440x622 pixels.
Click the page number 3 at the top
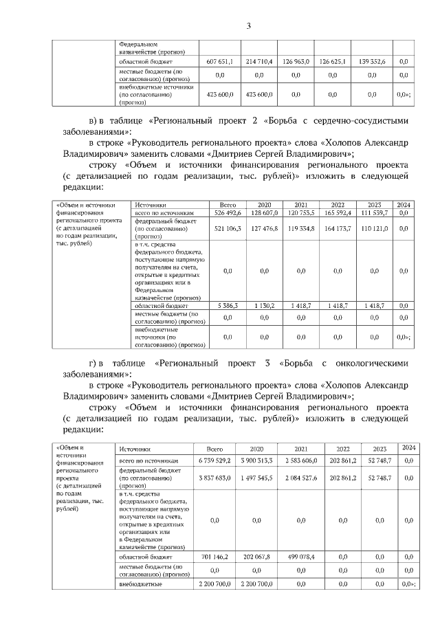249,26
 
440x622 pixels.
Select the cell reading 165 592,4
338,213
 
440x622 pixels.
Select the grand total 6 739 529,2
213,459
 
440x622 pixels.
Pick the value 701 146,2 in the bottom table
213,556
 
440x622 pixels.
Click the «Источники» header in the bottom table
135,448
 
